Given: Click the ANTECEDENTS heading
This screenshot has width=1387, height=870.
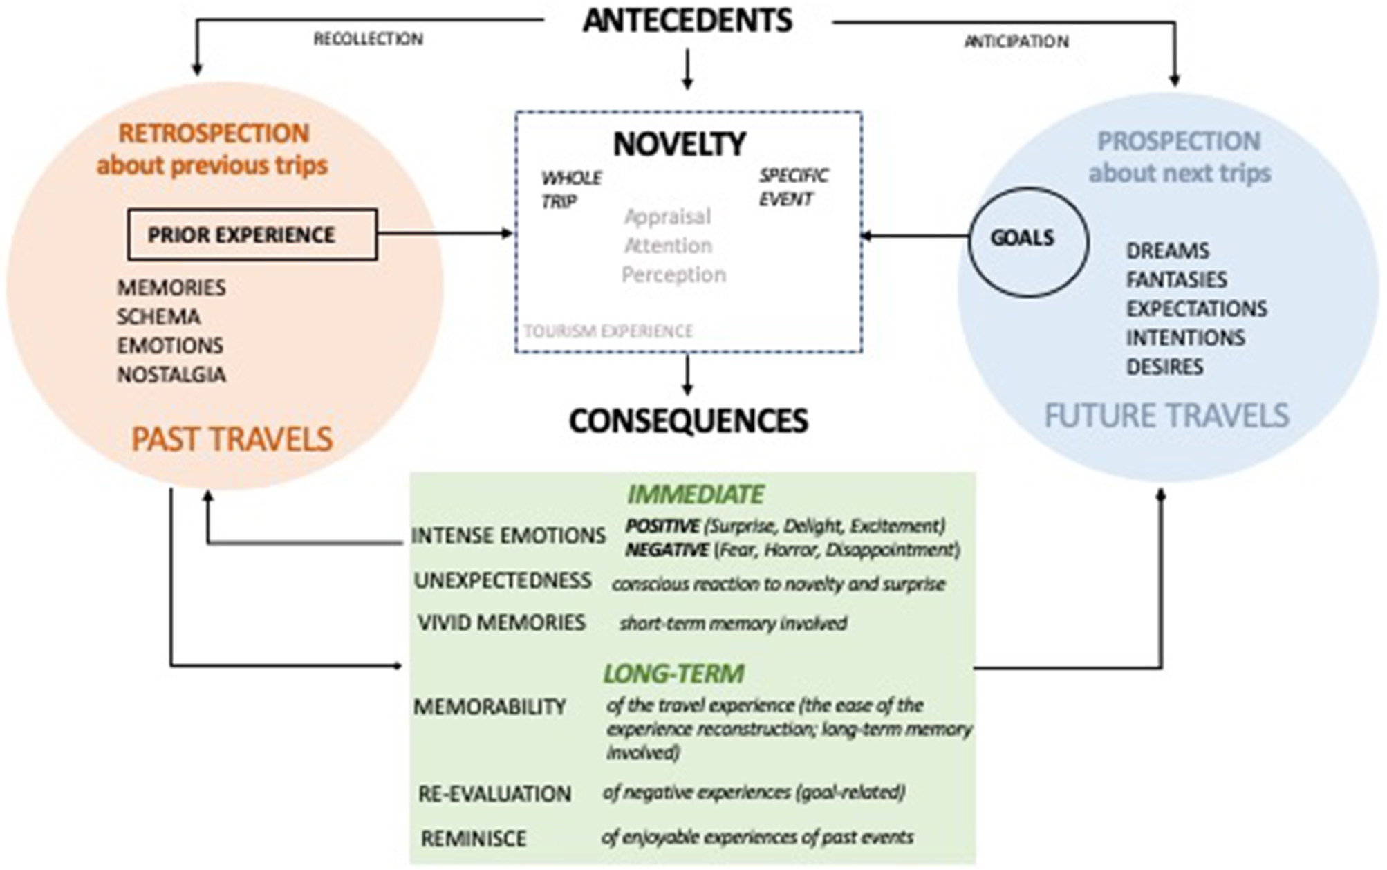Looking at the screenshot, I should point(687,21).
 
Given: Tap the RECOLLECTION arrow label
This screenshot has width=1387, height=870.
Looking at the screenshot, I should point(368,39).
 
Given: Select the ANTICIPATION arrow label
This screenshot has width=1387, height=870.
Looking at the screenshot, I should point(1016,41).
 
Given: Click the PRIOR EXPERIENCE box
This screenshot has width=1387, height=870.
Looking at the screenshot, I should point(252,234).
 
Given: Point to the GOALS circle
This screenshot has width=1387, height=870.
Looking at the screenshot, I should point(1027,241).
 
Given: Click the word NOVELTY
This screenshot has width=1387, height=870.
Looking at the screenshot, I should point(679,145).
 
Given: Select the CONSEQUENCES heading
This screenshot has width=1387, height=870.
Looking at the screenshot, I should point(688,420).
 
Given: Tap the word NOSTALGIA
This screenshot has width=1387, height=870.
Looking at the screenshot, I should point(171,375).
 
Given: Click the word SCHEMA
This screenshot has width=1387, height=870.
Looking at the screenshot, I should point(158,317).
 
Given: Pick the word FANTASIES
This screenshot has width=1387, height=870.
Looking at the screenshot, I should point(1176,279).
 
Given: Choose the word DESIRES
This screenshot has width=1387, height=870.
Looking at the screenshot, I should point(1164,367).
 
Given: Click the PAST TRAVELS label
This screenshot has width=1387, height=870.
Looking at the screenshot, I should point(232,439).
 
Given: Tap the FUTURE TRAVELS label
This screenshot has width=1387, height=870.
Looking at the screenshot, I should point(1166,416).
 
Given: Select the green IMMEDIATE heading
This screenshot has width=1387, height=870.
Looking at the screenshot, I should point(695,494).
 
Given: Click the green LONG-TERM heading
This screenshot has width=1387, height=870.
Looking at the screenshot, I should point(673,674).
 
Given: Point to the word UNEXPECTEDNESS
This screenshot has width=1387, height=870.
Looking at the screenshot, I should point(503,580).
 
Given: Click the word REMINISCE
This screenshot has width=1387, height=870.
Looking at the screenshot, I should point(474,838).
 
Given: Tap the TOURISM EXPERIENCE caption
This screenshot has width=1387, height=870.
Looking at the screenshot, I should point(608,331).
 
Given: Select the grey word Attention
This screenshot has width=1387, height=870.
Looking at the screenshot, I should point(667,246).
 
